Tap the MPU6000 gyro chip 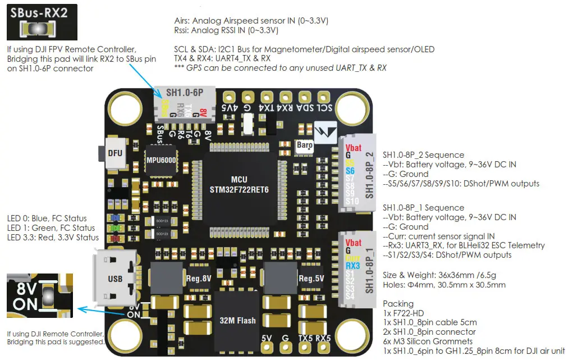tap(159, 160)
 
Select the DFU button tap(116, 152)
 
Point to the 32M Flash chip tap(237, 321)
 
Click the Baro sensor tap(304, 144)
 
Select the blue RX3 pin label tap(352, 266)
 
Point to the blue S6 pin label tap(350, 170)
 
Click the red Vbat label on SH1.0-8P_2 tap(353, 148)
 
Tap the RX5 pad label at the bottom tap(323, 338)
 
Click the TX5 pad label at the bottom tap(305, 338)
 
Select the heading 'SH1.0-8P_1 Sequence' tap(423, 208)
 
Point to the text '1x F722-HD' tap(404, 313)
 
